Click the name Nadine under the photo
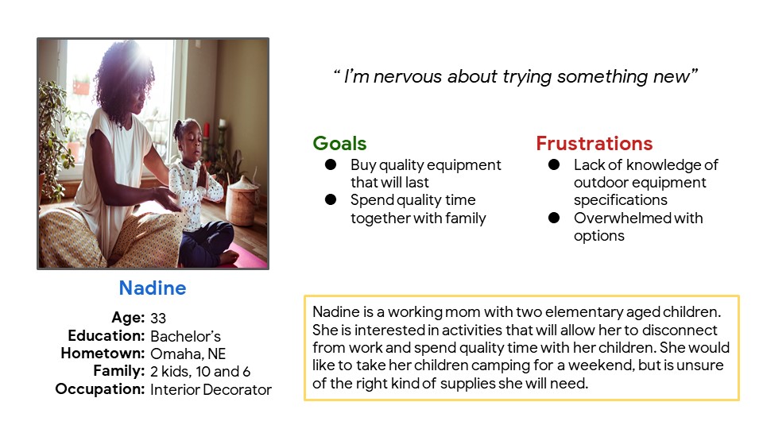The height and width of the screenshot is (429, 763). click(x=153, y=288)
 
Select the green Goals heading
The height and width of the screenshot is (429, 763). click(x=339, y=144)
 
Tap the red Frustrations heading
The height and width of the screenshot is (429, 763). click(x=594, y=144)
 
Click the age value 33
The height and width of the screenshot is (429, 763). click(x=158, y=318)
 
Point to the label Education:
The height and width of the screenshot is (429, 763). click(x=107, y=335)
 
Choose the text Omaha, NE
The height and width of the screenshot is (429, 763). click(x=188, y=354)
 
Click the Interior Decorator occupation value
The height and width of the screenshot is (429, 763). click(x=211, y=389)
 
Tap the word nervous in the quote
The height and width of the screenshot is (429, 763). click(x=408, y=77)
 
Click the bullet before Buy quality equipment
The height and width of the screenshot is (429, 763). click(x=330, y=165)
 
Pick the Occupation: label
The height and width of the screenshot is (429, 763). click(x=99, y=389)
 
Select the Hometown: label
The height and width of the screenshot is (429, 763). click(x=103, y=354)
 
